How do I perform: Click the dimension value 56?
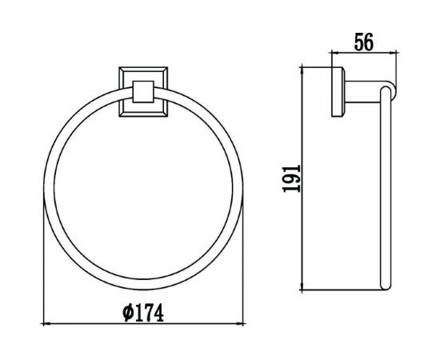coord(364,42)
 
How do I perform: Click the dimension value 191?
coord(292,178)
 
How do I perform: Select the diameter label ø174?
coord(143,313)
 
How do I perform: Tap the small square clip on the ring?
coord(143,92)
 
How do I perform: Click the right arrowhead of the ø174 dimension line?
coord(241,324)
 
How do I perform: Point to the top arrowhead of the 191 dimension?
coord(302,70)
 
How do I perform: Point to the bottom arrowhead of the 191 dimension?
coord(302,286)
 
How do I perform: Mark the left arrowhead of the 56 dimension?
coord(335,52)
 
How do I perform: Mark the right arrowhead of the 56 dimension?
coord(392,52)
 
